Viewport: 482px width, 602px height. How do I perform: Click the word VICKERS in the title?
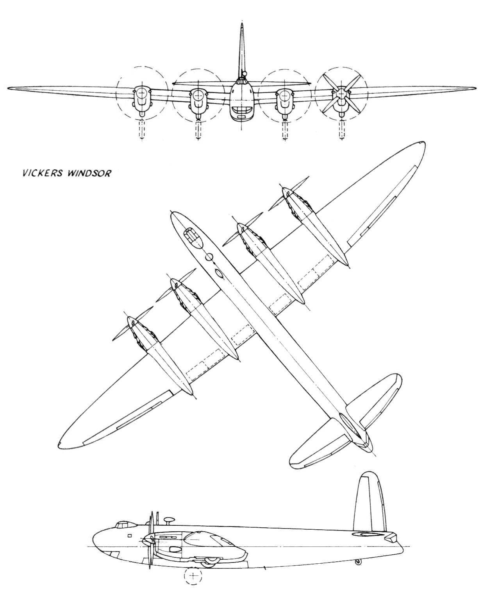pyautogui.click(x=39, y=173)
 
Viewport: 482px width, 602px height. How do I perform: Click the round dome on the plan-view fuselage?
pyautogui.click(x=209, y=257)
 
